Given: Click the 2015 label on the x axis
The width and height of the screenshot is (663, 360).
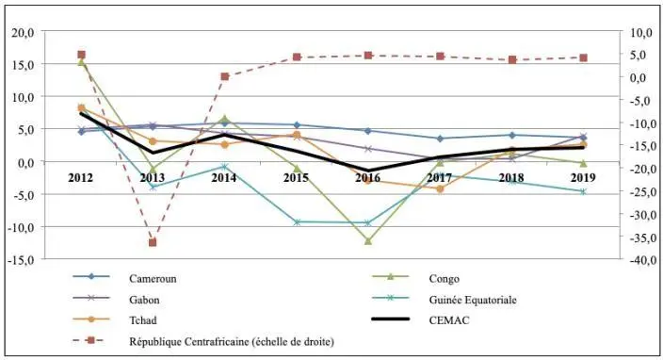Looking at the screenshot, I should [296, 177].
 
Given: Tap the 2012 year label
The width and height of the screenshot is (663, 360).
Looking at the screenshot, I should [81, 177].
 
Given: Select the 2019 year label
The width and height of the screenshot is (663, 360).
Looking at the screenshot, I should [583, 177].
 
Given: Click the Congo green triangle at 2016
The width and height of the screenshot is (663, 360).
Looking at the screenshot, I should [368, 240].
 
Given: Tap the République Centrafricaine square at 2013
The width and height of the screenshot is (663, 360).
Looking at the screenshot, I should [153, 242].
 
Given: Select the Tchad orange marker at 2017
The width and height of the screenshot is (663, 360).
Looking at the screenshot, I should [440, 188].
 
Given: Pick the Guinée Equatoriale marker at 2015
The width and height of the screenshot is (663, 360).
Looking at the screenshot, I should [297, 222].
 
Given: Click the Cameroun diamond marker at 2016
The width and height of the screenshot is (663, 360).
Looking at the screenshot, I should [368, 130].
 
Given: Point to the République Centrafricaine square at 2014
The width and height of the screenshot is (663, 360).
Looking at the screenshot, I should [224, 76].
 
